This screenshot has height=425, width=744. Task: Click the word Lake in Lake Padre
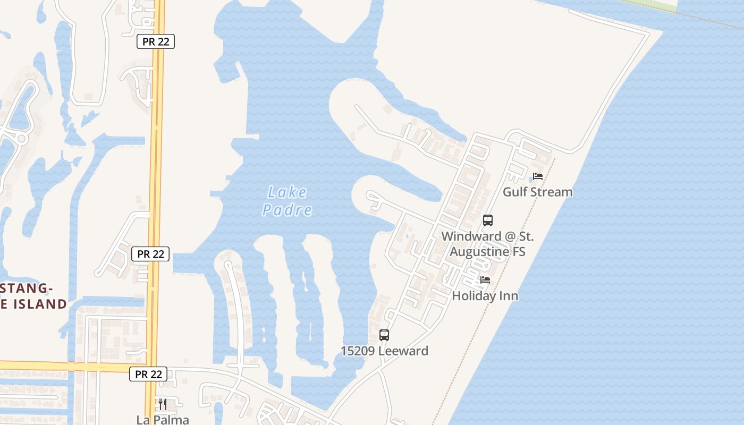tap(287, 192)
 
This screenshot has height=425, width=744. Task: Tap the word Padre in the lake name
tap(287, 210)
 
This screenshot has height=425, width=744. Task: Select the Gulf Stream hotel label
tap(538, 192)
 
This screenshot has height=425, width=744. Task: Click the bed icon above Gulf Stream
tap(538, 176)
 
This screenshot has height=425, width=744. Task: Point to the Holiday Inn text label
tap(485, 296)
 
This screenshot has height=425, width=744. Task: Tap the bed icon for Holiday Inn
tap(485, 280)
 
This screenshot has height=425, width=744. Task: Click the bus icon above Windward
tap(487, 220)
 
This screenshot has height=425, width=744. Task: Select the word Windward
tap(471, 236)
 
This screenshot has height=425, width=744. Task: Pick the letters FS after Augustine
tap(518, 251)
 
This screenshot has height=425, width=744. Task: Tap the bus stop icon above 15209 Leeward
tap(384, 335)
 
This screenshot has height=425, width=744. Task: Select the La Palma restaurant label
tap(163, 420)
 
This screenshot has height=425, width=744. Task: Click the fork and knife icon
tap(163, 404)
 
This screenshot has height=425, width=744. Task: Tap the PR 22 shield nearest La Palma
tap(148, 374)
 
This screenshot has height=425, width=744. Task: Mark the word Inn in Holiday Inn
tap(508, 296)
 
